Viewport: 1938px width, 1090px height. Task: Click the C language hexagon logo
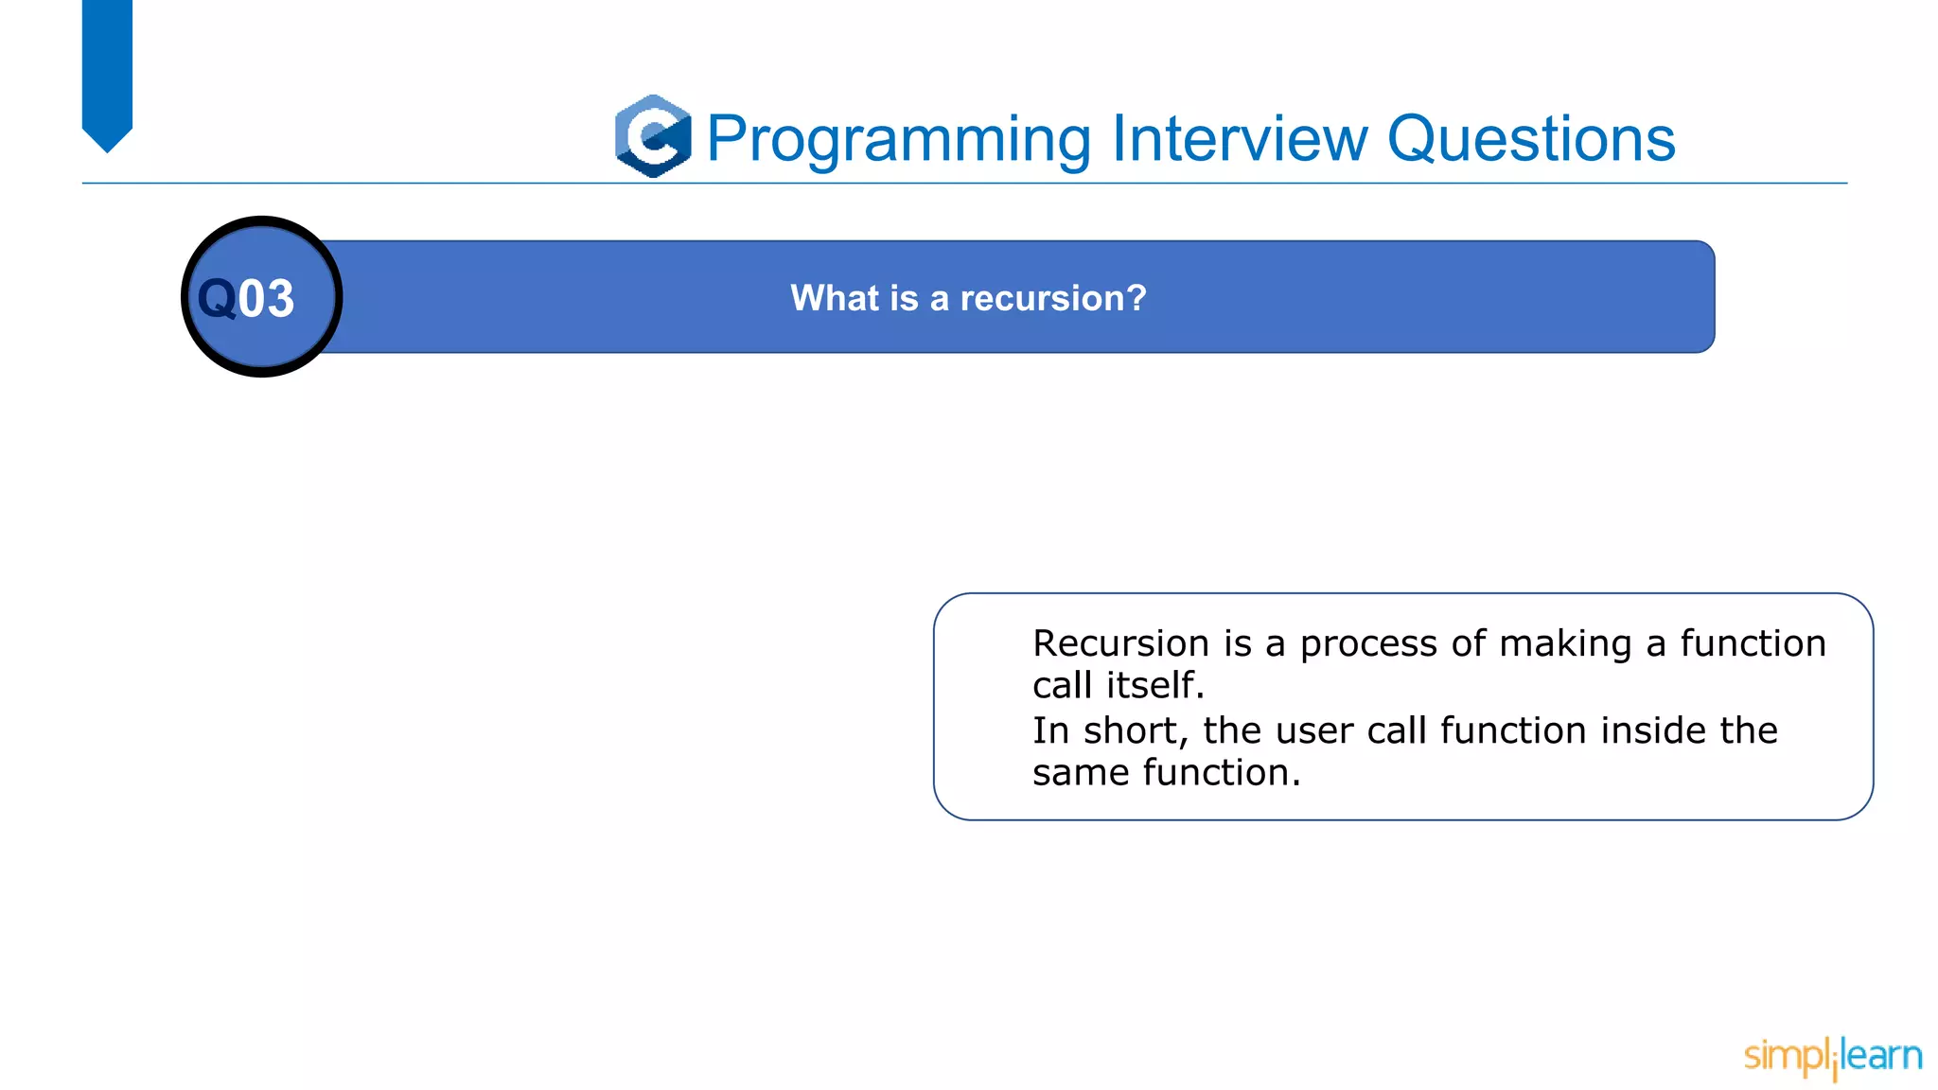pyautogui.click(x=653, y=136)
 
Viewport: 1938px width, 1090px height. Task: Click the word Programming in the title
pyautogui.click(x=899, y=140)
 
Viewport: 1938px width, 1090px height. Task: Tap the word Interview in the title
pyautogui.click(x=1240, y=138)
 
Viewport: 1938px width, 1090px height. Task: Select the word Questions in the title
pyautogui.click(x=1531, y=140)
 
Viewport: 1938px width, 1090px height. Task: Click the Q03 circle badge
pyautogui.click(x=262, y=297)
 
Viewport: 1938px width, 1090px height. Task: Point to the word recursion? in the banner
pyautogui.click(x=1053, y=298)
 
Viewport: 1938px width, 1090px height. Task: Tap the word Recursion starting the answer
pyautogui.click(x=1120, y=643)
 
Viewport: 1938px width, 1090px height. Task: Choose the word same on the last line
pyautogui.click(x=1081, y=773)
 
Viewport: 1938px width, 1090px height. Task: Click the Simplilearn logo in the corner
pyautogui.click(x=1832, y=1056)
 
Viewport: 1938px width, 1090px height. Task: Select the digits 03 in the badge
pyautogui.click(x=266, y=299)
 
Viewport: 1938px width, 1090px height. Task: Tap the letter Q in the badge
pyautogui.click(x=217, y=299)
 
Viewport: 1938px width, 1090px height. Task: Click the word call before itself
pyautogui.click(x=1062, y=685)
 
